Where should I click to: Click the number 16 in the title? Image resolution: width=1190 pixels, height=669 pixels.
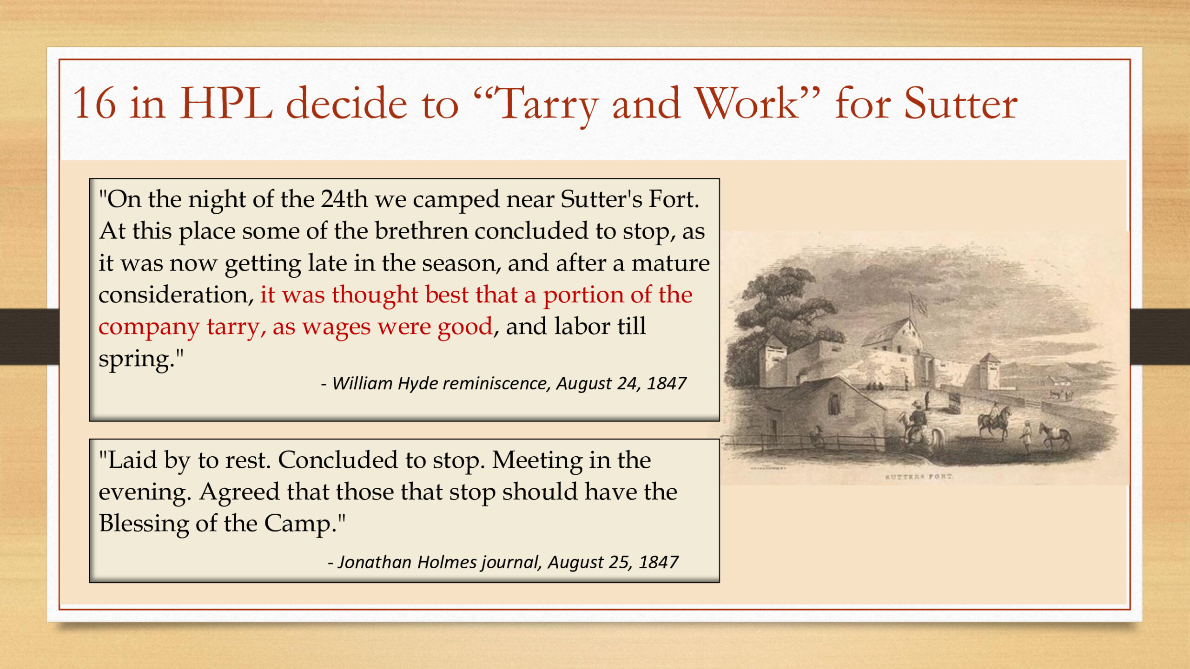(x=94, y=103)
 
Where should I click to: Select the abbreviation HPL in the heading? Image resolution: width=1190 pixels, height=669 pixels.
(x=226, y=103)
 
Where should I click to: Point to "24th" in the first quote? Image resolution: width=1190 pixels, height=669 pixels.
(x=344, y=199)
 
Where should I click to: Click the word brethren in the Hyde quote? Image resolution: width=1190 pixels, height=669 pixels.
(x=422, y=230)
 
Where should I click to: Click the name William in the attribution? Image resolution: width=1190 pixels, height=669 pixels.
(x=363, y=383)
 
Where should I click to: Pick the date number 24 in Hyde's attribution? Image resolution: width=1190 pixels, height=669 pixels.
(x=627, y=383)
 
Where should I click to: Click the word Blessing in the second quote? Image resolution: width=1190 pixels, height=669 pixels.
(x=144, y=524)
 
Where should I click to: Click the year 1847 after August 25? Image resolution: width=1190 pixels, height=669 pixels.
(x=659, y=562)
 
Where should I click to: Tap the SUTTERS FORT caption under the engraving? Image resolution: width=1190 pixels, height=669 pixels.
(x=919, y=477)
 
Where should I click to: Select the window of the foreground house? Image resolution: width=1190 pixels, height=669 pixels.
(x=834, y=404)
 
